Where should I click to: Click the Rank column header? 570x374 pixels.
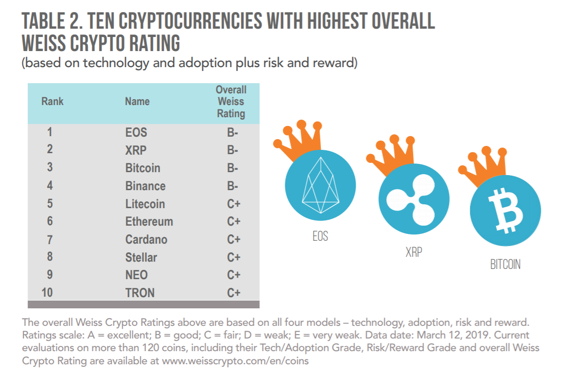coord(52,102)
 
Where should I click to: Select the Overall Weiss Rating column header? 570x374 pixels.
coord(231,102)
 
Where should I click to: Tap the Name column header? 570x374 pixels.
coord(137,102)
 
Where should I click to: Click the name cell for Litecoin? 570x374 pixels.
coord(145,204)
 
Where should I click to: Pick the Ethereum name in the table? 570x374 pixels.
coord(149,222)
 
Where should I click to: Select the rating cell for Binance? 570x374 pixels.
coord(233,186)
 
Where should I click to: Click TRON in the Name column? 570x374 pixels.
coord(139,293)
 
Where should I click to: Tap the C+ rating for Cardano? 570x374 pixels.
coord(234,239)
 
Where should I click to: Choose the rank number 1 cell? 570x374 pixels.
coord(50,132)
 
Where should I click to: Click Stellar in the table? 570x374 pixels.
coord(141,257)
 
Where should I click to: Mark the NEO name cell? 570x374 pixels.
coord(136,275)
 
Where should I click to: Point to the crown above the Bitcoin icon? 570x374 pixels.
coord(478,168)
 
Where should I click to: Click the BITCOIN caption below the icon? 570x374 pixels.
coord(505,265)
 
